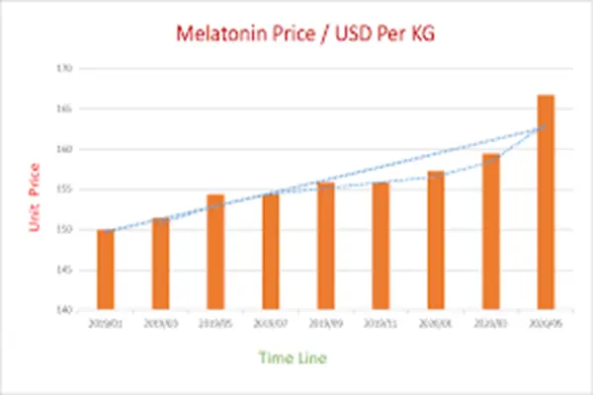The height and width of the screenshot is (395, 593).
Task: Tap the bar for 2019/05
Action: point(215,252)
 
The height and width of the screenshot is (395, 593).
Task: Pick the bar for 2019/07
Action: point(271,252)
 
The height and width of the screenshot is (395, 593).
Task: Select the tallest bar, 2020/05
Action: point(546,202)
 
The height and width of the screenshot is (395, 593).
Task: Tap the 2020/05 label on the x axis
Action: point(546,322)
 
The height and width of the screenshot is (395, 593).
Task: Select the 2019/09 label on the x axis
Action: point(325,322)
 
